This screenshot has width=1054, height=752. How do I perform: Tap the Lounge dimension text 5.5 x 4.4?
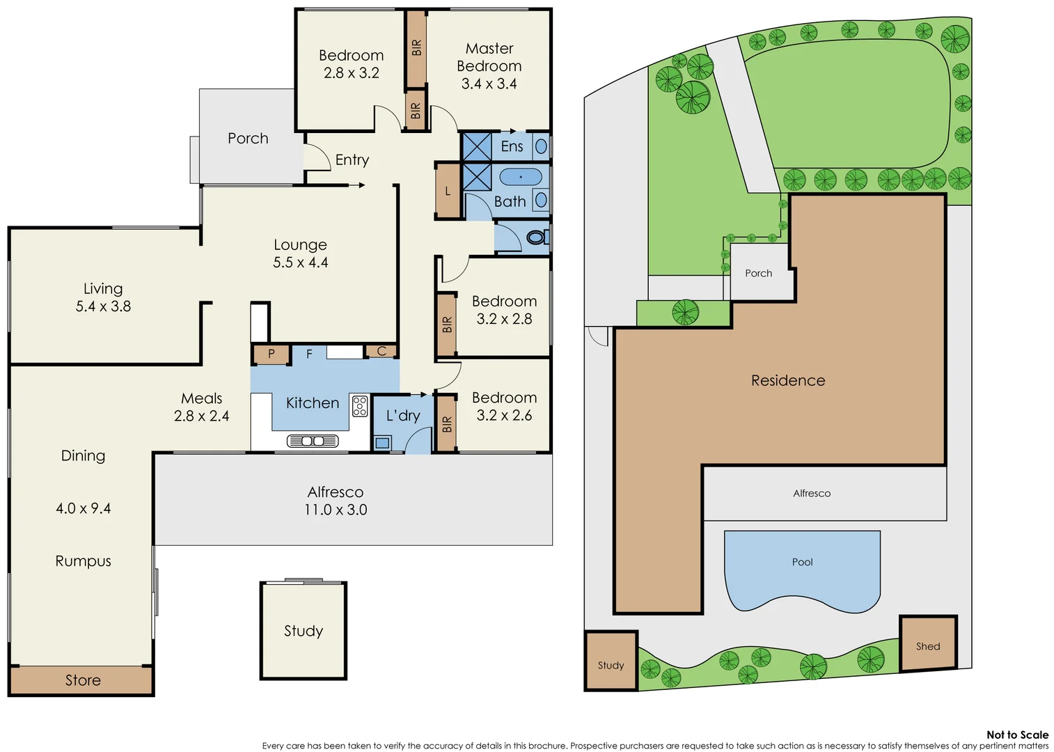(x=300, y=263)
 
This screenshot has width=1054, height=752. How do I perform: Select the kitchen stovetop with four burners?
(x=359, y=406)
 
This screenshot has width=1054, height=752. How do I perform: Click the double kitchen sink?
(x=313, y=441)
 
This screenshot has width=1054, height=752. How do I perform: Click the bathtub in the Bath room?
(x=520, y=177)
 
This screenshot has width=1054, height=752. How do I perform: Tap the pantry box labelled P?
(x=271, y=354)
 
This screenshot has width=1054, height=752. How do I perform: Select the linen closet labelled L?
(x=448, y=191)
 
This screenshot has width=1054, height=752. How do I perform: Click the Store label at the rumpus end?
(x=83, y=680)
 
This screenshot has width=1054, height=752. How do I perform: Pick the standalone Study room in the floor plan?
(x=303, y=631)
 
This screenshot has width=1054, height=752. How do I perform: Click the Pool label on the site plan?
(x=802, y=562)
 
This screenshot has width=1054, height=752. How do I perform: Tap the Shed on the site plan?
(x=927, y=645)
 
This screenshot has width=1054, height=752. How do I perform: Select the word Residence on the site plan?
(x=787, y=380)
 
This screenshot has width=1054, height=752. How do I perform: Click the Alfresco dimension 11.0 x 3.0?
(x=335, y=510)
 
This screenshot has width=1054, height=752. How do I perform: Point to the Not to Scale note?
(x=1016, y=735)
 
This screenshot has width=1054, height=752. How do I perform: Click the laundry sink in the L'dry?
(x=382, y=442)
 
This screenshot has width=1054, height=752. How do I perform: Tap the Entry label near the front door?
(x=352, y=159)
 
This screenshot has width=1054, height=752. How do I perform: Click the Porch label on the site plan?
(x=758, y=273)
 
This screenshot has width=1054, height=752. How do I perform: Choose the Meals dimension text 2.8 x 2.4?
(x=201, y=416)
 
